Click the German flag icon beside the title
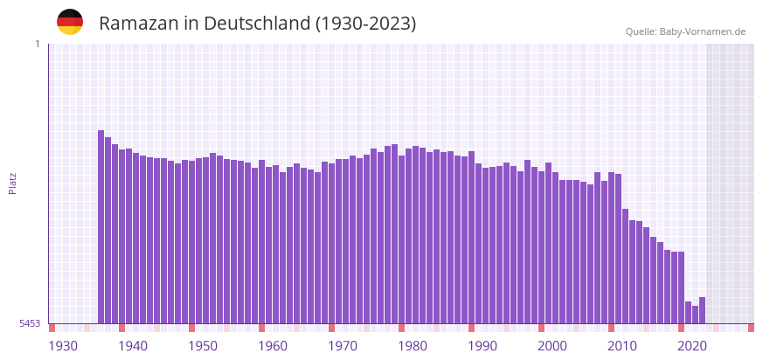[70, 22]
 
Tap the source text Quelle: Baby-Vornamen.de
[685, 31]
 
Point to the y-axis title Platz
[12, 183]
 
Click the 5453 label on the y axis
[30, 323]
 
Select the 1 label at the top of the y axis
[37, 45]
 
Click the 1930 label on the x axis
[63, 346]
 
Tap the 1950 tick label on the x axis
[203, 346]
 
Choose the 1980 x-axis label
[413, 346]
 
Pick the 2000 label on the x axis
[552, 346]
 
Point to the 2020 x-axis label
[692, 346]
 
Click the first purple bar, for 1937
[101, 227]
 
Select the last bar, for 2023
[702, 310]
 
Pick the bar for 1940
[122, 236]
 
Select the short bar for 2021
[688, 313]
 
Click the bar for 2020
[681, 287]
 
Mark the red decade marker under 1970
[331, 328]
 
